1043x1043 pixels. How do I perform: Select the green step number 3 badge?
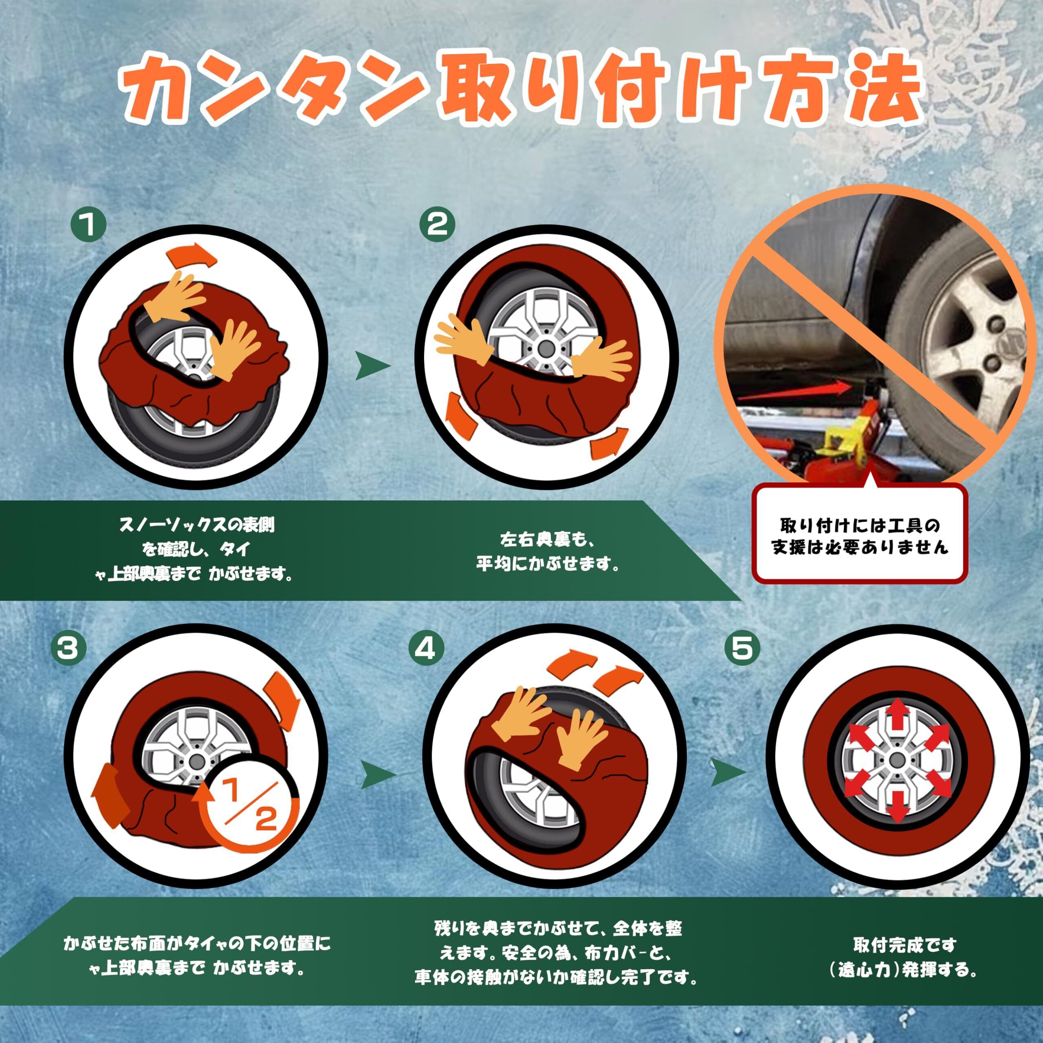pos(68,648)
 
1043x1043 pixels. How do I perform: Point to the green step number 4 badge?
pos(425,648)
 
